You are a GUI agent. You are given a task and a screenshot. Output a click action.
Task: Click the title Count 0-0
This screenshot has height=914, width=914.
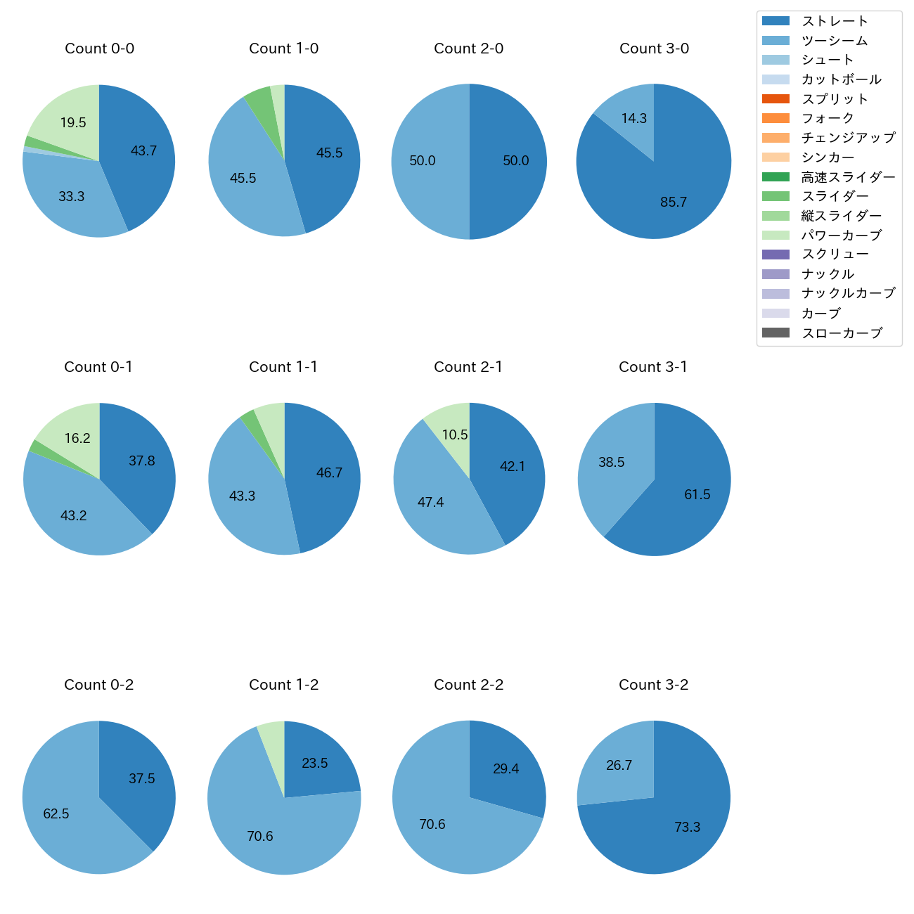point(99,49)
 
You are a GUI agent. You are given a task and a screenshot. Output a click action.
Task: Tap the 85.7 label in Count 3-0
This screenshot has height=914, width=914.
point(673,202)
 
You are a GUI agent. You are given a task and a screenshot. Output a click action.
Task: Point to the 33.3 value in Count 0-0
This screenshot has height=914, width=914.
point(71,197)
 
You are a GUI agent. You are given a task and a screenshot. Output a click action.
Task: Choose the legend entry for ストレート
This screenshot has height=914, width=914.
point(835,21)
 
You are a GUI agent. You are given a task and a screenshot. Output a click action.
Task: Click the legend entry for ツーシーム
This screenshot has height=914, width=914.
point(835,41)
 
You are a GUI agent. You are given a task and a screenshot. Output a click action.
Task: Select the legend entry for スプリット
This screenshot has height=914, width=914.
point(835,99)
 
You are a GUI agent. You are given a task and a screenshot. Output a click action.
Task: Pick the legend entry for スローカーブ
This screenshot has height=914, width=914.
point(842,333)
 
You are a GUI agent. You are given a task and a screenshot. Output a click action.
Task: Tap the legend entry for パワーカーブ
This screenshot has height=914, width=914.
point(841,236)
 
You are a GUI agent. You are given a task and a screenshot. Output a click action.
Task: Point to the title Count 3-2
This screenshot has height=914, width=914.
point(653,685)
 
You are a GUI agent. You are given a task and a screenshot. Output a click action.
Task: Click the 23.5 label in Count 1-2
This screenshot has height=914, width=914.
point(314,764)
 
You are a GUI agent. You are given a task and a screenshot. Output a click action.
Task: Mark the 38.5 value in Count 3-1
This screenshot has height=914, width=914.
point(611,463)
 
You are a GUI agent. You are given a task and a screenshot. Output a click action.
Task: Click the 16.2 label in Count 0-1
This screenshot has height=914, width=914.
point(77,439)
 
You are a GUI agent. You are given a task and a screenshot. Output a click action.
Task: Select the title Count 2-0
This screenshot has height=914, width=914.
point(468,49)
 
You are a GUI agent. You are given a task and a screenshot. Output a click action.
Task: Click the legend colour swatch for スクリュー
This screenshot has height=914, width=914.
point(775,255)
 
